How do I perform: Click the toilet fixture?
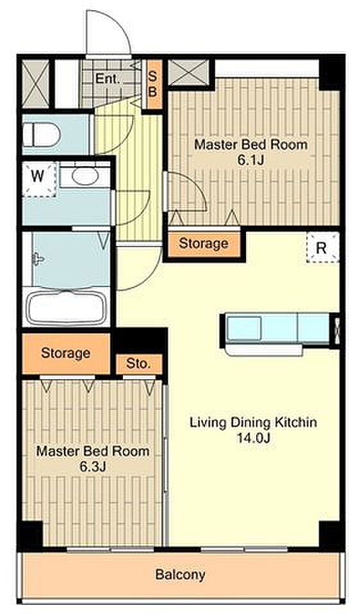pos(41,134)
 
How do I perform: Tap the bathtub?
pos(67,308)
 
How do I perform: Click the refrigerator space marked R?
pos(322,247)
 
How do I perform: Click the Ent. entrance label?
pos(107,79)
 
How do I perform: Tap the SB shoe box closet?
pos(153,85)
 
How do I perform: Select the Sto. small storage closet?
pos(139,364)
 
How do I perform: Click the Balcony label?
pos(180,575)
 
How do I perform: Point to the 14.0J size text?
pos(253,438)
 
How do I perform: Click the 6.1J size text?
pos(250,160)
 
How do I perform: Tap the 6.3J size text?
pos(93,466)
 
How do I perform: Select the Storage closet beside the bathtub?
pos(66,354)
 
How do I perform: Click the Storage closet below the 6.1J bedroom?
pos(204,243)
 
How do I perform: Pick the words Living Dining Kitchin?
pos(253,423)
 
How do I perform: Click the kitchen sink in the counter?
pos(244,327)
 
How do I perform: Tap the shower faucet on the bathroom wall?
pos(38,259)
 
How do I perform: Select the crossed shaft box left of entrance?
pos(35,85)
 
